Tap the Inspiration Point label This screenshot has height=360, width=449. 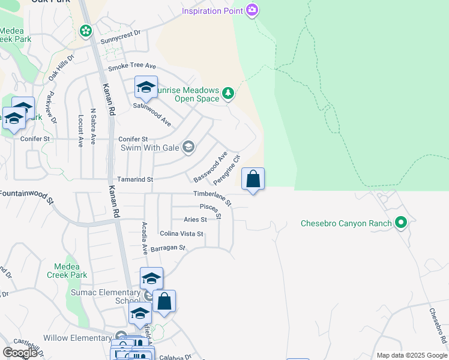[212, 11]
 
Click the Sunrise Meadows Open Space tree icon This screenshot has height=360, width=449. [228, 93]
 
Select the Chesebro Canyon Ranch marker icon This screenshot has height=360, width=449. [401, 224]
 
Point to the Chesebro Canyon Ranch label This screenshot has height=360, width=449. [346, 224]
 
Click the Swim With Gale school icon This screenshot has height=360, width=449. [188, 148]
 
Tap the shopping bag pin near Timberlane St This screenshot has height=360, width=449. [253, 179]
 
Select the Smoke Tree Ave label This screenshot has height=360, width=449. [132, 67]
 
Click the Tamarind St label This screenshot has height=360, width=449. [135, 179]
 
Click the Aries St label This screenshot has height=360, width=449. [195, 220]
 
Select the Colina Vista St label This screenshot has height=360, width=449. [181, 233]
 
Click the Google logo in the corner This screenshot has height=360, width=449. [20, 353]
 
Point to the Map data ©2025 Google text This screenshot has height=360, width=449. [412, 355]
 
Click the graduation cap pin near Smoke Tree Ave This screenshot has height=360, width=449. [146, 88]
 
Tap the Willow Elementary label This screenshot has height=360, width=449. [77, 338]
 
